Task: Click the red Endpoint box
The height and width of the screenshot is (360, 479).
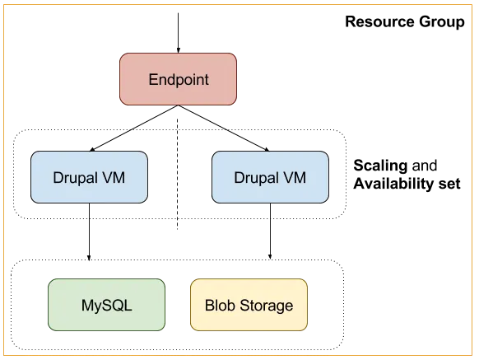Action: click(x=178, y=79)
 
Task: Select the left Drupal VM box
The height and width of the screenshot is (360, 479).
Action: click(x=89, y=177)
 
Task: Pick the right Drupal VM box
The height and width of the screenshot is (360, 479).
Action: click(x=270, y=177)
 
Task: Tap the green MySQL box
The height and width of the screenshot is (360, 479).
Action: click(x=107, y=305)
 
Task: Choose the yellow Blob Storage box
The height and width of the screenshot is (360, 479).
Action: click(x=249, y=305)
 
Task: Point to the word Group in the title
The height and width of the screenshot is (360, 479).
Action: click(x=442, y=22)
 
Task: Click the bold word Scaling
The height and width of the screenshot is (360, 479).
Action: click(x=380, y=166)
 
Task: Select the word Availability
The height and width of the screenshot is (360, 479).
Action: click(x=393, y=185)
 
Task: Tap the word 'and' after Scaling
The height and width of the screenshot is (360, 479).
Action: click(x=425, y=166)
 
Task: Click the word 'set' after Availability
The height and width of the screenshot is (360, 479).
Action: click(x=449, y=185)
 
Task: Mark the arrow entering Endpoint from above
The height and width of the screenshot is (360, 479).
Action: click(x=178, y=33)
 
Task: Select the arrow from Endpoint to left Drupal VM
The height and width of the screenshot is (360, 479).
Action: click(x=133, y=129)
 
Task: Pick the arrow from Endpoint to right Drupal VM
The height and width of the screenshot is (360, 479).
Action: click(x=224, y=129)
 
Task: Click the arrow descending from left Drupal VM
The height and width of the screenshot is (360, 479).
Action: click(x=89, y=231)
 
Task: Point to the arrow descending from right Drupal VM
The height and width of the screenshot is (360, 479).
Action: click(x=270, y=231)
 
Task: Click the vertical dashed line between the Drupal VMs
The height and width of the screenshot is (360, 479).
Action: click(x=178, y=174)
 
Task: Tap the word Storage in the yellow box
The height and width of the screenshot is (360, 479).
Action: click(x=267, y=306)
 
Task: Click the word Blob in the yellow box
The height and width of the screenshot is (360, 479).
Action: click(x=221, y=305)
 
